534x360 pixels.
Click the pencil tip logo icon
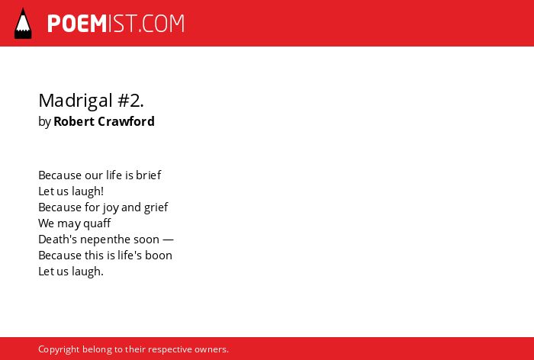(23, 24)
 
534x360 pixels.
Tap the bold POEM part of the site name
(77, 24)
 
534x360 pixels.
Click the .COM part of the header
(162, 24)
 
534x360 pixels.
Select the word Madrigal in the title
(76, 101)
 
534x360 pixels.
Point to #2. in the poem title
(130, 101)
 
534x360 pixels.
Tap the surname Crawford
(126, 121)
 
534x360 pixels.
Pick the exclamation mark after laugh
(101, 191)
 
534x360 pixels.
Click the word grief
(156, 207)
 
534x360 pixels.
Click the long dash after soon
(169, 239)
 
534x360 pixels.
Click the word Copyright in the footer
(59, 350)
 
